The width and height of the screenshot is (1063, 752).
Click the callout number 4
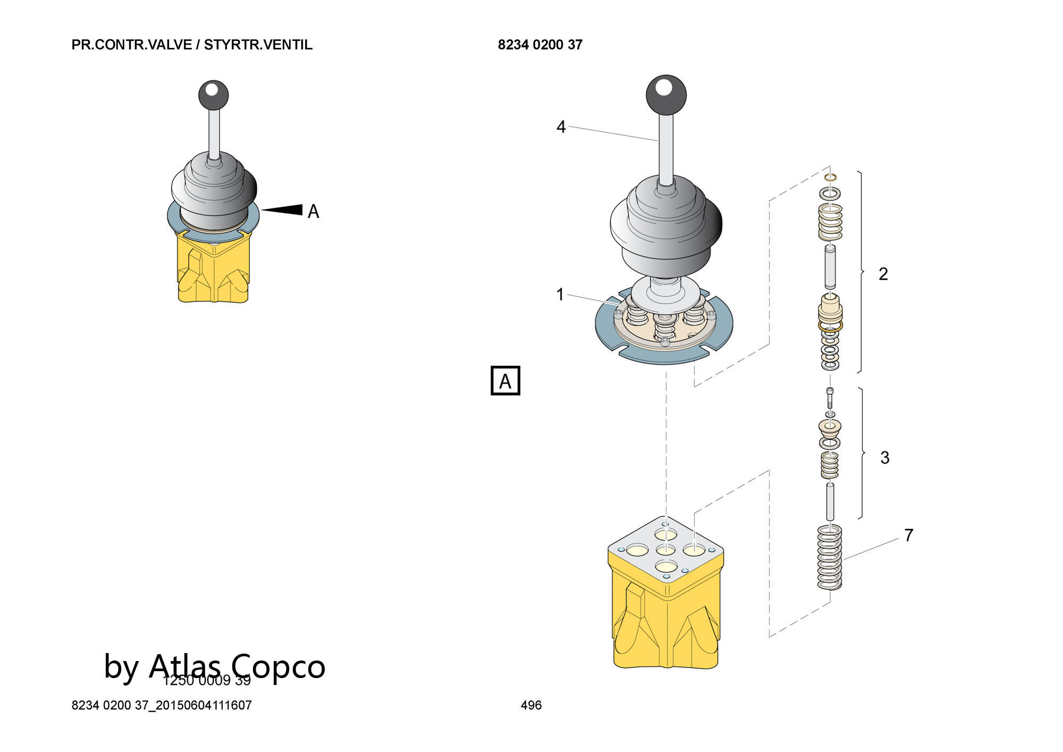click(x=561, y=127)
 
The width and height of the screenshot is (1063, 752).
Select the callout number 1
click(x=560, y=294)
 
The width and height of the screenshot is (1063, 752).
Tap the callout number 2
click(x=883, y=274)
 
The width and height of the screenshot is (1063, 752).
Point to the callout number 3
click(x=884, y=457)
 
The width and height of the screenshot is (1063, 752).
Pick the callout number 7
click(x=909, y=535)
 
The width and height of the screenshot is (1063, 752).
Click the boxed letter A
click(x=505, y=381)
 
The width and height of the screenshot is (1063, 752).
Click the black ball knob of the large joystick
click(x=666, y=94)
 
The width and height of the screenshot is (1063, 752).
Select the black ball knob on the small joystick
click(x=213, y=95)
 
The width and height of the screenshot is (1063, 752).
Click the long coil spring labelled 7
click(x=830, y=557)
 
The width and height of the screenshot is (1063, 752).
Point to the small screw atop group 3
click(x=830, y=396)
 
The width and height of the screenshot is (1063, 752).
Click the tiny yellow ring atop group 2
click(x=830, y=177)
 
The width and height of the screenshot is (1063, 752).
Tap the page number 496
click(x=531, y=705)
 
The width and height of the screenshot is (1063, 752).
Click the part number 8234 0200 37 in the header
click(x=540, y=45)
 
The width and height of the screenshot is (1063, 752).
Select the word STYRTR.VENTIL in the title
click(x=258, y=45)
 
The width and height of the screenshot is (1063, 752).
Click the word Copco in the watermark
click(x=277, y=666)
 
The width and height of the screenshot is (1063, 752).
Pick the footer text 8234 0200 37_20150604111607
click(x=162, y=705)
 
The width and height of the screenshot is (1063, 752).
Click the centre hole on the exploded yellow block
click(x=665, y=550)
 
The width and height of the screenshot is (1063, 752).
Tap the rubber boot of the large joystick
click(x=666, y=223)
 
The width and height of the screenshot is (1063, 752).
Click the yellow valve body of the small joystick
click(x=213, y=271)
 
